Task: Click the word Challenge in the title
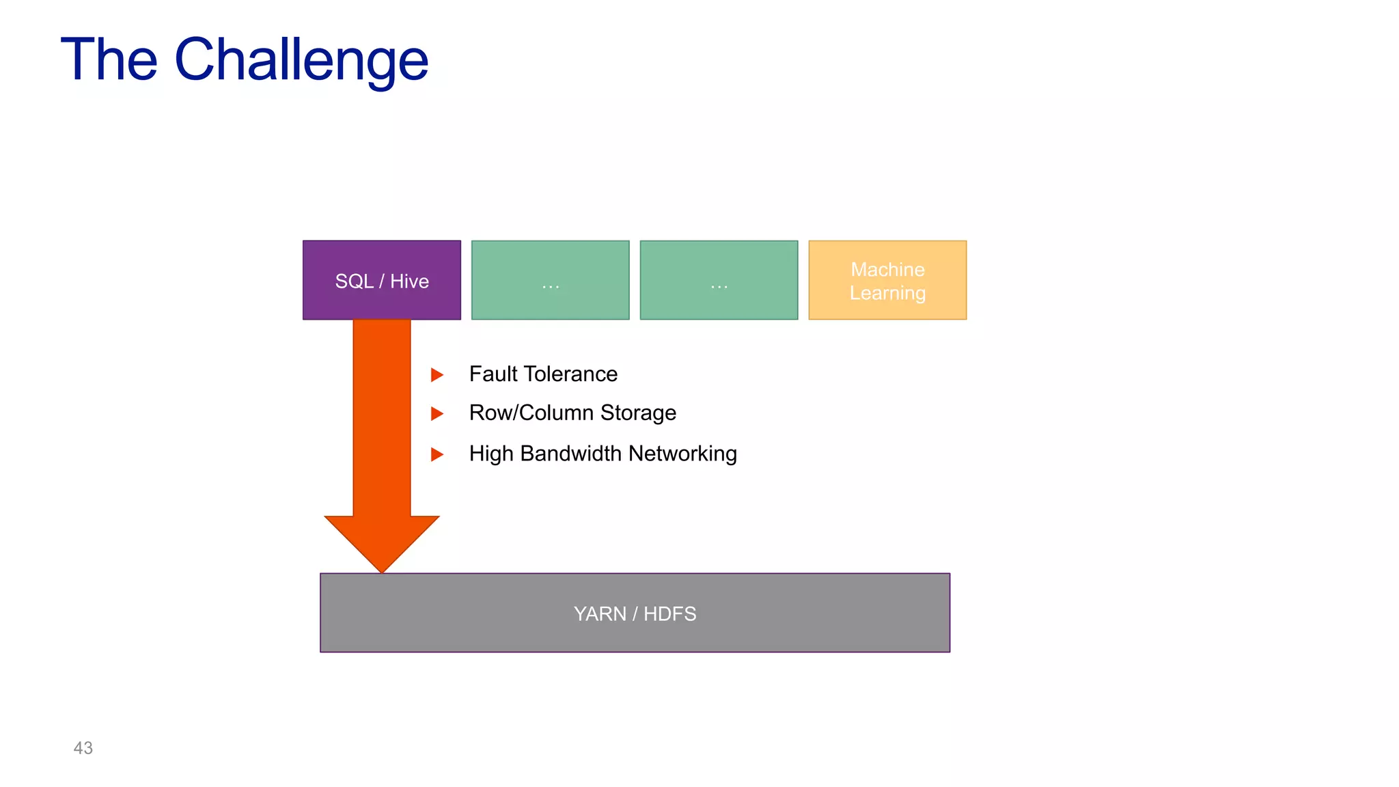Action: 301,60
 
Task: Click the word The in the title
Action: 109,60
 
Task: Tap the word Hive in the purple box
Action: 409,281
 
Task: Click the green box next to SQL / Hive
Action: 550,280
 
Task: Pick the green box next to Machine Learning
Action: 719,280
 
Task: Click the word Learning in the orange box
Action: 887,293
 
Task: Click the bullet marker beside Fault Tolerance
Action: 437,374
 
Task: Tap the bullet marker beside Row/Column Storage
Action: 437,413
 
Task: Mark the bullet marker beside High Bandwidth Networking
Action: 437,454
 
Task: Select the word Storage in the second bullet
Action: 638,413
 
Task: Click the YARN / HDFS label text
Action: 635,613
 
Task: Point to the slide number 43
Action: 83,748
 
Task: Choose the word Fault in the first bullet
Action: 493,374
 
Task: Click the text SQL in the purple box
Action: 354,281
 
